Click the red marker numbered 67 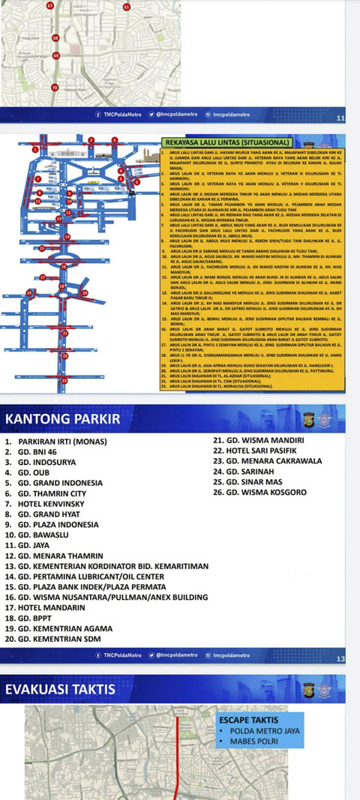pos(50,5)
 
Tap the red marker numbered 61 pos(127,7)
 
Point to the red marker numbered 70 pos(54,88)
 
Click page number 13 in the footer pos(340,659)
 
